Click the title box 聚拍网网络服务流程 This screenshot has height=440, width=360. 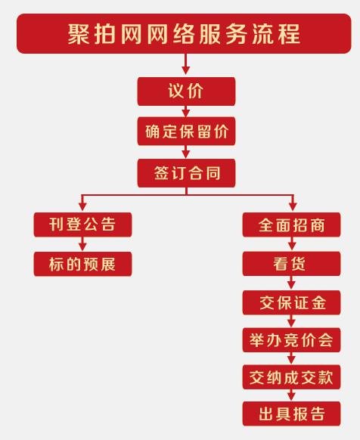184,33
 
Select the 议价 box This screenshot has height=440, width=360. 186,91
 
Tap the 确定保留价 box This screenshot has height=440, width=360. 186,131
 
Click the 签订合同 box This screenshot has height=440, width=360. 186,173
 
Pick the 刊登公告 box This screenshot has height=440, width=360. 82,225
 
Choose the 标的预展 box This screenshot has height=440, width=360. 82,264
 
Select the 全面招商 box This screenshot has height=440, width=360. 291,225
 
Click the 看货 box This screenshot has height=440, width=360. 291,264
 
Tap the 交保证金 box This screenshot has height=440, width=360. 291,302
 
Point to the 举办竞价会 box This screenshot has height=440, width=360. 291,339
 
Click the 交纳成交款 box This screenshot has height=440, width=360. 291,377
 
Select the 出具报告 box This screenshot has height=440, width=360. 291,414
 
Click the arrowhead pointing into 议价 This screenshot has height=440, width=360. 185,70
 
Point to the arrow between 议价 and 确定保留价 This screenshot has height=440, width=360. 185,111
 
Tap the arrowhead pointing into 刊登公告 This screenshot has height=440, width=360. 82,206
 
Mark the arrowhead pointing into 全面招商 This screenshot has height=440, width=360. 293,206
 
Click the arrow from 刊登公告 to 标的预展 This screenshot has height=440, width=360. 82,244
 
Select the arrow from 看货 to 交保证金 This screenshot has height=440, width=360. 291,283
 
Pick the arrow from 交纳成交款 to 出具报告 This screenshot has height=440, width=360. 291,395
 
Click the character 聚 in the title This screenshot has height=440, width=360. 78,34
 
